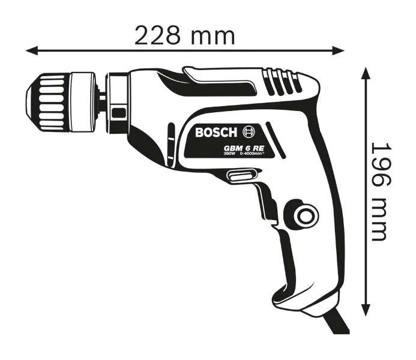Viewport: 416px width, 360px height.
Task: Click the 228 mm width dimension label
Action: tap(184, 35)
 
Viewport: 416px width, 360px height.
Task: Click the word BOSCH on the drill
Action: tap(217, 132)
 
